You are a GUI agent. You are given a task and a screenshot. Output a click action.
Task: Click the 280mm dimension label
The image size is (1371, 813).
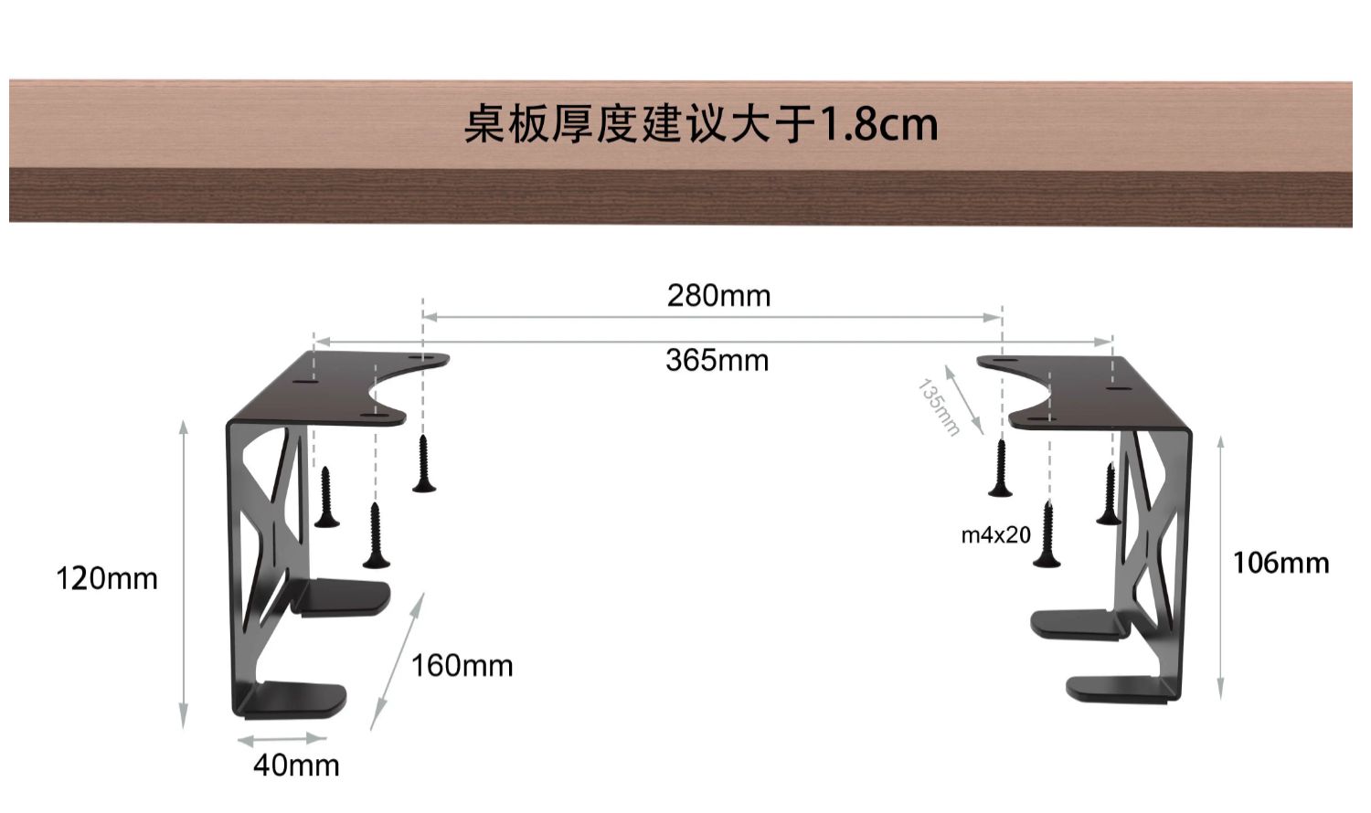718,296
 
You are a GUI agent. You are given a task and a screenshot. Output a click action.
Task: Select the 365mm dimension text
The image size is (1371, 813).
717,361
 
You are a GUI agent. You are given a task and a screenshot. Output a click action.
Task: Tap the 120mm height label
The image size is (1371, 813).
107,579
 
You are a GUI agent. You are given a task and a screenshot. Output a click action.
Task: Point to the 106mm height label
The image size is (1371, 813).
1281,563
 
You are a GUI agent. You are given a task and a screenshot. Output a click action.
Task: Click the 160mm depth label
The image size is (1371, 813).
462,666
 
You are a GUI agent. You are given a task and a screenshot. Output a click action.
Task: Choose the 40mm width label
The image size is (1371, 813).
296,765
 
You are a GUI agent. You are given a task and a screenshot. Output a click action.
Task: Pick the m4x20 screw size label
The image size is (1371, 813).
995,535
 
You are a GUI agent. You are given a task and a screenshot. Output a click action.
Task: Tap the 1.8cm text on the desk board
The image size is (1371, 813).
878,124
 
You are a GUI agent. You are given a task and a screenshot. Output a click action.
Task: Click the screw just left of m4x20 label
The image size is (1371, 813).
1047,535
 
